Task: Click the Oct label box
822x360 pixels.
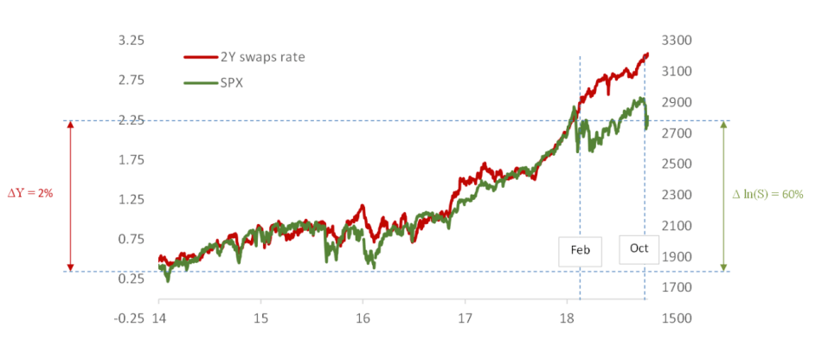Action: tap(639, 248)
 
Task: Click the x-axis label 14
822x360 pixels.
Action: tap(158, 318)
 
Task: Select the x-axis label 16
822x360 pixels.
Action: tap(363, 318)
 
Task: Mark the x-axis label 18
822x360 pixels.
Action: tap(566, 318)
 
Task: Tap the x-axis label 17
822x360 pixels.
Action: tap(465, 318)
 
